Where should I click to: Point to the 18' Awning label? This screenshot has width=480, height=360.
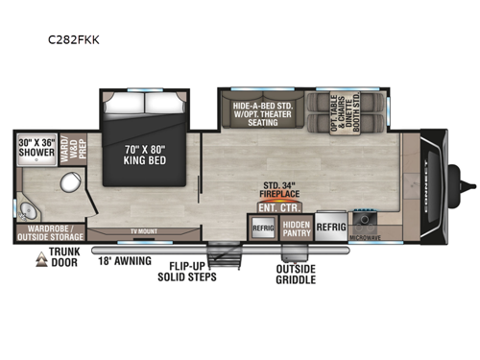pos(125,259)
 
